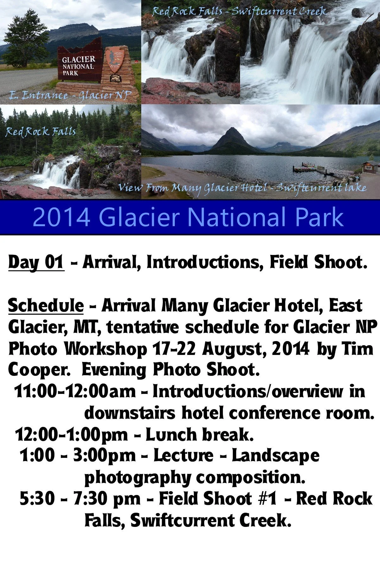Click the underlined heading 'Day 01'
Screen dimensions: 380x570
(x=36, y=263)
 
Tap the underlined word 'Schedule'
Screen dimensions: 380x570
(x=46, y=306)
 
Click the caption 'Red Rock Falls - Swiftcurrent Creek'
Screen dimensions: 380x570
(x=239, y=11)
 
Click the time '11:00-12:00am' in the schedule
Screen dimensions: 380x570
(x=75, y=391)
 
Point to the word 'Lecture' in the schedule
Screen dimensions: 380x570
(x=183, y=456)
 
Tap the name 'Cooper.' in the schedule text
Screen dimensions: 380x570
(x=39, y=370)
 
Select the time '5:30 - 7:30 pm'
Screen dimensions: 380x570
(x=80, y=499)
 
